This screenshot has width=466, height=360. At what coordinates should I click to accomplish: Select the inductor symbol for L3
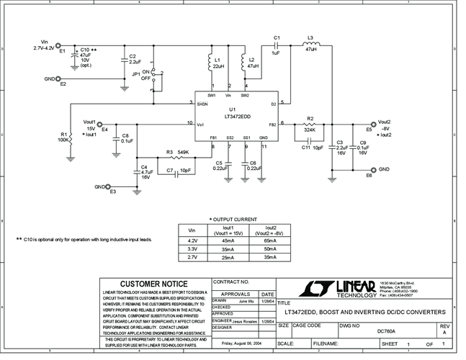coord(310,46)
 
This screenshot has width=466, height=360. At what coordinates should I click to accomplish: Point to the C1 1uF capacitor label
coord(276,45)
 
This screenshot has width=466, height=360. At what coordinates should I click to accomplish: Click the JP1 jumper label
coord(135,74)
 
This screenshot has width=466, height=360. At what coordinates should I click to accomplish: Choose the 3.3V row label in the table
coord(192,248)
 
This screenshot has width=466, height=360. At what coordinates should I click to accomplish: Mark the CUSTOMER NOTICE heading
coord(155,284)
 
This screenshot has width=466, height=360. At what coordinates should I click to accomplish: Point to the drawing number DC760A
coord(387,331)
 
